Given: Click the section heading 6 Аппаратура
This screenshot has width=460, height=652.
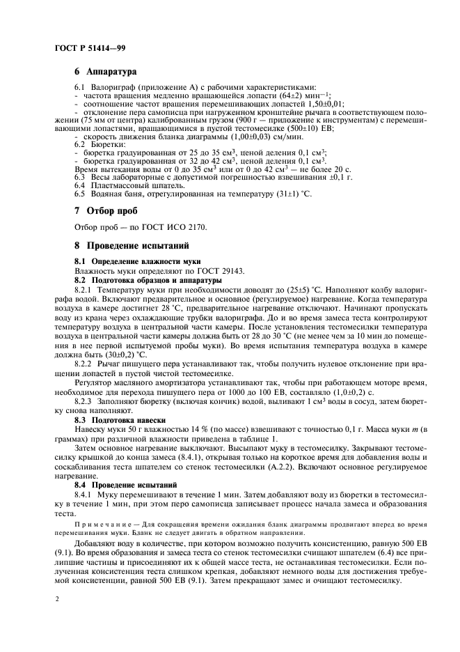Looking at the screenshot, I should click(106, 72).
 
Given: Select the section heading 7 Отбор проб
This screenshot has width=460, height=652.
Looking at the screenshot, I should click(106, 210).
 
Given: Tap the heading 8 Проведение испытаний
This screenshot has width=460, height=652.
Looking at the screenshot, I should click(129, 245).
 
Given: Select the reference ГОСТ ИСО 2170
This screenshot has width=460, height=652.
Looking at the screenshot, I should click(169, 227).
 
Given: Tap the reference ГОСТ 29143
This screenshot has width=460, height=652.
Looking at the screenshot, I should click(209, 269).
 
